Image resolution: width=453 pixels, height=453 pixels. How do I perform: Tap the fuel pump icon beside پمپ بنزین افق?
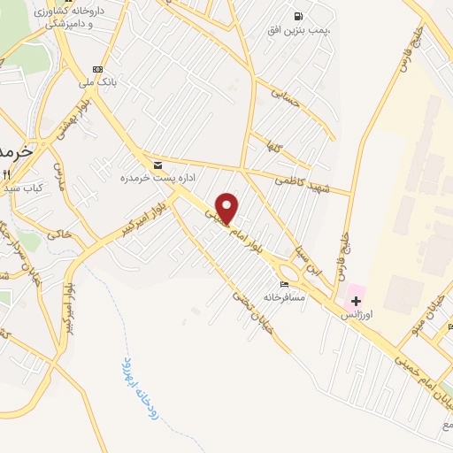coord(298,15)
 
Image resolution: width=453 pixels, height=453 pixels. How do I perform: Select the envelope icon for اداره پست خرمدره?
coord(157,165)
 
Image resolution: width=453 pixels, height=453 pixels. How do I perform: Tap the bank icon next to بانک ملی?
coord(97,70)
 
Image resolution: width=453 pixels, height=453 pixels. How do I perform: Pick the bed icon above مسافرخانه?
coord(283,284)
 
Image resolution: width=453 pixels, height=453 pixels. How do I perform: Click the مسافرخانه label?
coord(284,297)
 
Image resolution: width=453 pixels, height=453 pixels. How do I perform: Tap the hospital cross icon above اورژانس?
coord(356,302)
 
